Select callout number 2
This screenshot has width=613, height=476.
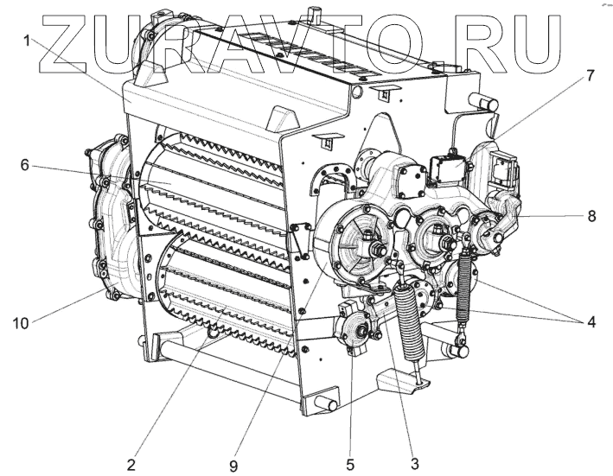point(131,464)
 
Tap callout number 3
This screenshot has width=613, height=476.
point(415,464)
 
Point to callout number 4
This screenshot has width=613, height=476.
point(591,323)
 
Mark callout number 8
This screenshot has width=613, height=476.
point(591,217)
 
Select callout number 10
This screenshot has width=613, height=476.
point(22,323)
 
